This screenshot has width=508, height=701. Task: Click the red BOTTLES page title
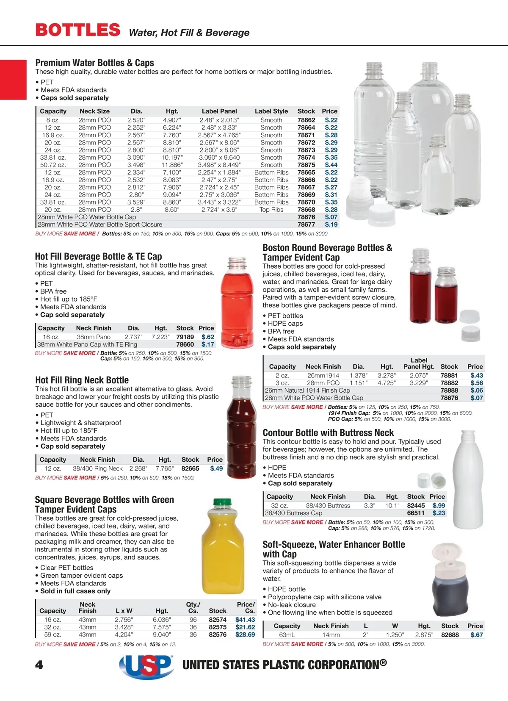(x=78, y=30)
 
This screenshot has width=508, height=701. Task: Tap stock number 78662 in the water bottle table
(x=306, y=120)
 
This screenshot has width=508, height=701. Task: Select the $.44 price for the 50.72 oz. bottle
(x=331, y=165)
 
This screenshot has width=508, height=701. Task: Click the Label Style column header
(x=271, y=111)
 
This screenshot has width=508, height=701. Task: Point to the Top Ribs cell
(x=271, y=210)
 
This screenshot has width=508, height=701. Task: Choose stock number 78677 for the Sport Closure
(x=306, y=224)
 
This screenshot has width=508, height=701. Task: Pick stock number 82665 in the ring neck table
(x=190, y=468)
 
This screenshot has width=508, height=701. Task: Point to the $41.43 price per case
(x=245, y=620)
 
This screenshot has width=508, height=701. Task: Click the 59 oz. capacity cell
(x=52, y=635)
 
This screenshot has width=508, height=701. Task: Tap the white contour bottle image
(x=468, y=479)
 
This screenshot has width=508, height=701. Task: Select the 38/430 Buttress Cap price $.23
(x=439, y=513)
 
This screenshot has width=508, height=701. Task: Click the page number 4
(x=39, y=665)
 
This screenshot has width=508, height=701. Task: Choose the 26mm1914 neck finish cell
(x=323, y=375)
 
